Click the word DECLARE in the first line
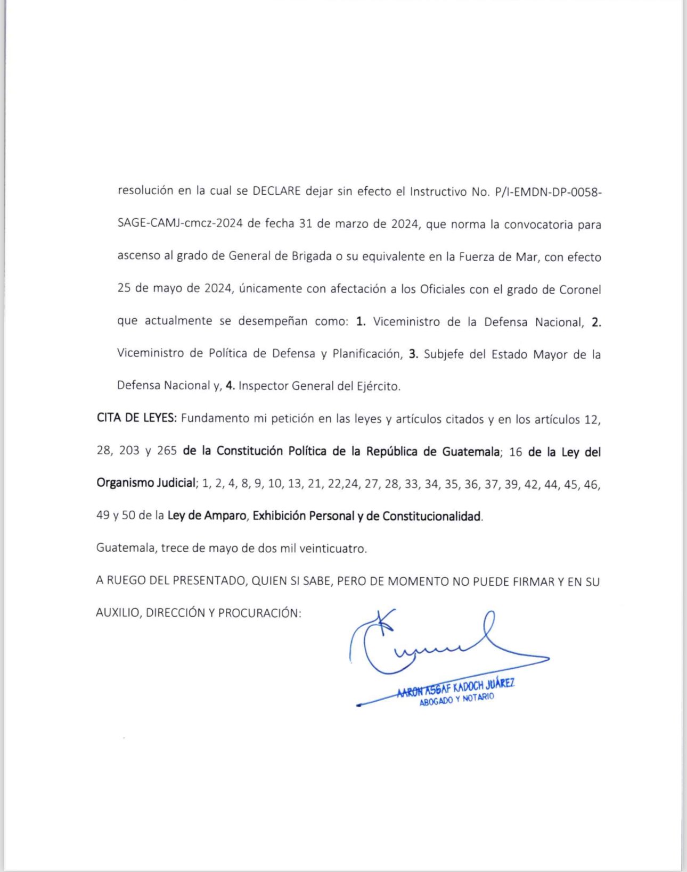pos(276,191)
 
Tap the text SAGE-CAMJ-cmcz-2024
pos(180,223)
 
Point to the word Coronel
pos(580,290)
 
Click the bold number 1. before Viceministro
pos(361,321)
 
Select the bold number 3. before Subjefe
pos(413,354)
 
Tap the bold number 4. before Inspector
pos(230,386)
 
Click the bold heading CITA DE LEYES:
pos(136,418)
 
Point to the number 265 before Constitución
pos(167,451)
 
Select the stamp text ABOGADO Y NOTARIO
pos(456,700)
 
